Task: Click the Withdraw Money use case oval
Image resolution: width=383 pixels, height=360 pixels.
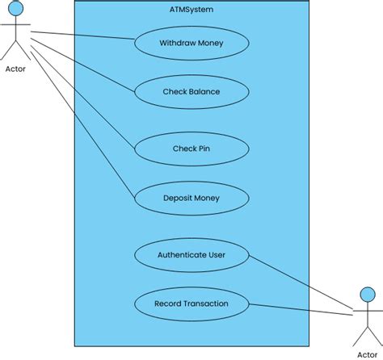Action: [x=191, y=42]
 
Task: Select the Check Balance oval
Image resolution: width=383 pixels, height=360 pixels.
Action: [x=191, y=91]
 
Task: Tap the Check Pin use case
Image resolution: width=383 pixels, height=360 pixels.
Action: [x=191, y=148]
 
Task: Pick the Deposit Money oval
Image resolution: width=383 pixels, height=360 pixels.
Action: [x=191, y=197]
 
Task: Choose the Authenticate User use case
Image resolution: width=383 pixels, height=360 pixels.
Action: [x=191, y=255]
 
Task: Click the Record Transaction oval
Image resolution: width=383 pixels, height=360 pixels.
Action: [x=191, y=303]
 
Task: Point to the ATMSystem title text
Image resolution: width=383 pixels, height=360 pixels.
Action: [x=191, y=9]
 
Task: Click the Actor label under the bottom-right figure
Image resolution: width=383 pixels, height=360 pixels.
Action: [x=366, y=353]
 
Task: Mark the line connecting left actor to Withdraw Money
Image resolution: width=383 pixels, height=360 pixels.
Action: [x=81, y=36]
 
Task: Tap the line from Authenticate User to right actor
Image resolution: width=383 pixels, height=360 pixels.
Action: [x=299, y=283]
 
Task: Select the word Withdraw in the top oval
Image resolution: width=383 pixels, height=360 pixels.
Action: [x=174, y=42]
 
